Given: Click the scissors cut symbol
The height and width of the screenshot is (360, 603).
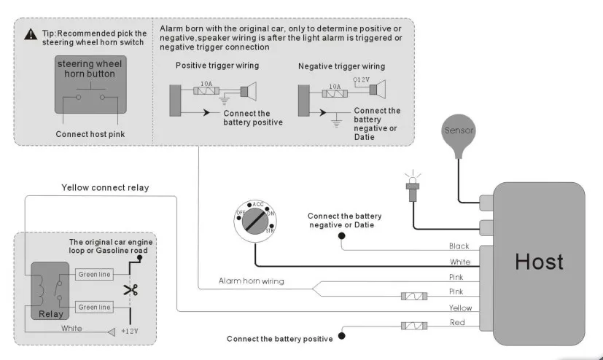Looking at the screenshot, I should click(x=131, y=290).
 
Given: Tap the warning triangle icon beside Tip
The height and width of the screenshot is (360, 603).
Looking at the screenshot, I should click(x=30, y=34).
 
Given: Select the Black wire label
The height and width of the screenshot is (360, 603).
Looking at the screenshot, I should click(x=459, y=246).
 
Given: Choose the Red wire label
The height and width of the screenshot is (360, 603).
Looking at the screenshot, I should click(x=457, y=322).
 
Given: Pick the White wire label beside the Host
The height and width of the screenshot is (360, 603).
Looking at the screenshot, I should click(x=460, y=262).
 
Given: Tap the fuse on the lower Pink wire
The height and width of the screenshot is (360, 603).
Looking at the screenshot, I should click(x=413, y=296).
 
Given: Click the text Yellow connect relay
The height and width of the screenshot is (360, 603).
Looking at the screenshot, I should click(x=105, y=187).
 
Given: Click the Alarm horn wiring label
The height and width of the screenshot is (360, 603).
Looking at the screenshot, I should click(x=252, y=281).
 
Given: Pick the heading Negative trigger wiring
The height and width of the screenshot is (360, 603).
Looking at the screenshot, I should click(x=341, y=66).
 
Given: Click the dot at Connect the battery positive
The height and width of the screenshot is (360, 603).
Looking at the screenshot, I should click(x=341, y=338).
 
